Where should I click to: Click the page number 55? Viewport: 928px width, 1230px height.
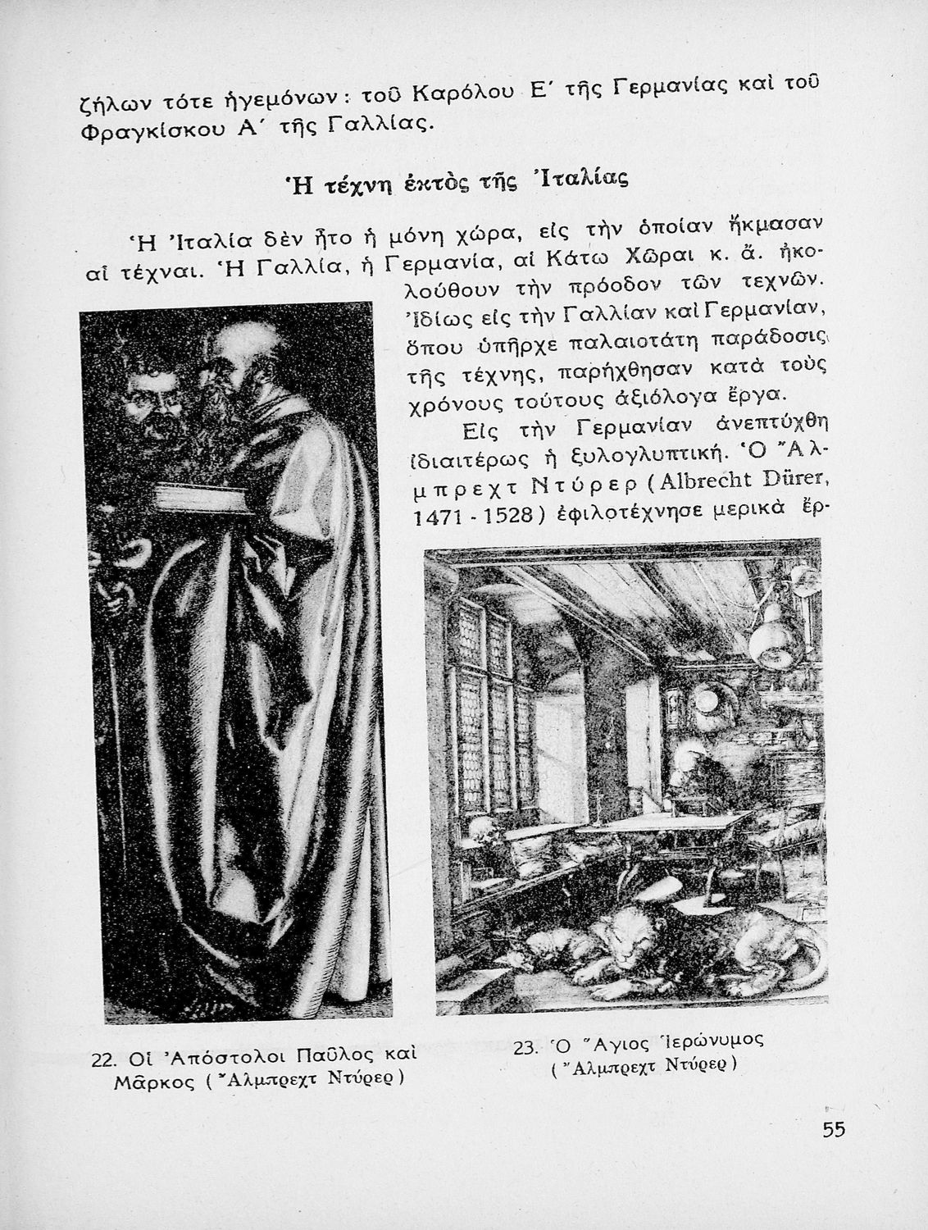833,1130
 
